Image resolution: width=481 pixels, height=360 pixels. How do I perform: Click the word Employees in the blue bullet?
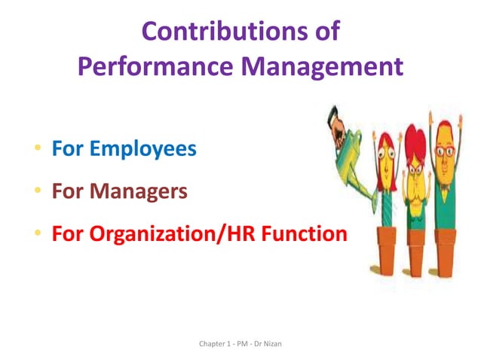(143, 149)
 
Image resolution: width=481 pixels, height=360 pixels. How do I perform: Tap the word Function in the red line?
(309, 234)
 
